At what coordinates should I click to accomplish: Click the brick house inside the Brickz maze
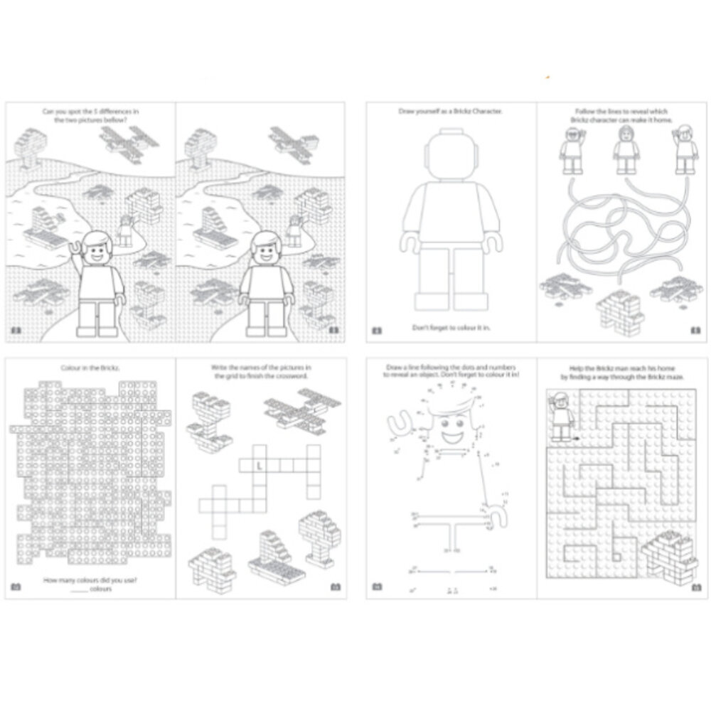pos(665,554)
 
